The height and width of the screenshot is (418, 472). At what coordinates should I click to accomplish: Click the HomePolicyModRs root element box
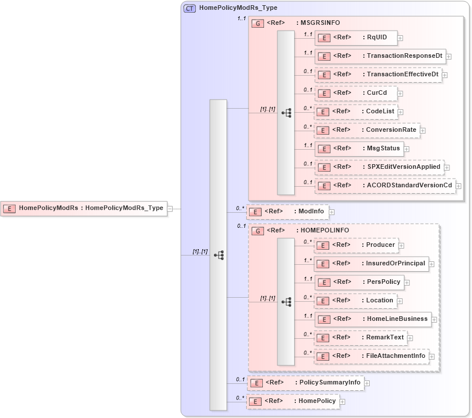84,208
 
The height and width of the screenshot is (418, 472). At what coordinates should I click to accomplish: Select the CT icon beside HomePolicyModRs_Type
189,8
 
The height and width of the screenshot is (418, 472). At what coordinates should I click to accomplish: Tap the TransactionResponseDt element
380,56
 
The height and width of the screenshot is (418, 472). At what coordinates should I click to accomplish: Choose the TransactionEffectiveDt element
378,75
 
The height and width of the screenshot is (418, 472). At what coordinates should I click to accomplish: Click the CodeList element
355,111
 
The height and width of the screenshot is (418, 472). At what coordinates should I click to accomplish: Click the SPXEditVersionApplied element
378,167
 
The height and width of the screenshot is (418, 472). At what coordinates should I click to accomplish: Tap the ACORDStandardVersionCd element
384,185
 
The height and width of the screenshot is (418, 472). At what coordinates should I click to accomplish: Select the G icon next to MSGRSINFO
258,23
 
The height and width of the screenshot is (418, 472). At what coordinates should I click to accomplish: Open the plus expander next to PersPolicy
407,282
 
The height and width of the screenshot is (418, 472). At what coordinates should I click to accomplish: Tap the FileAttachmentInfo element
370,356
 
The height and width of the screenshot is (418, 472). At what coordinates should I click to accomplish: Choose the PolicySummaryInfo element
305,382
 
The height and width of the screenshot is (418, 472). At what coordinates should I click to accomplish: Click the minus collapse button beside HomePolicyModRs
170,208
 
